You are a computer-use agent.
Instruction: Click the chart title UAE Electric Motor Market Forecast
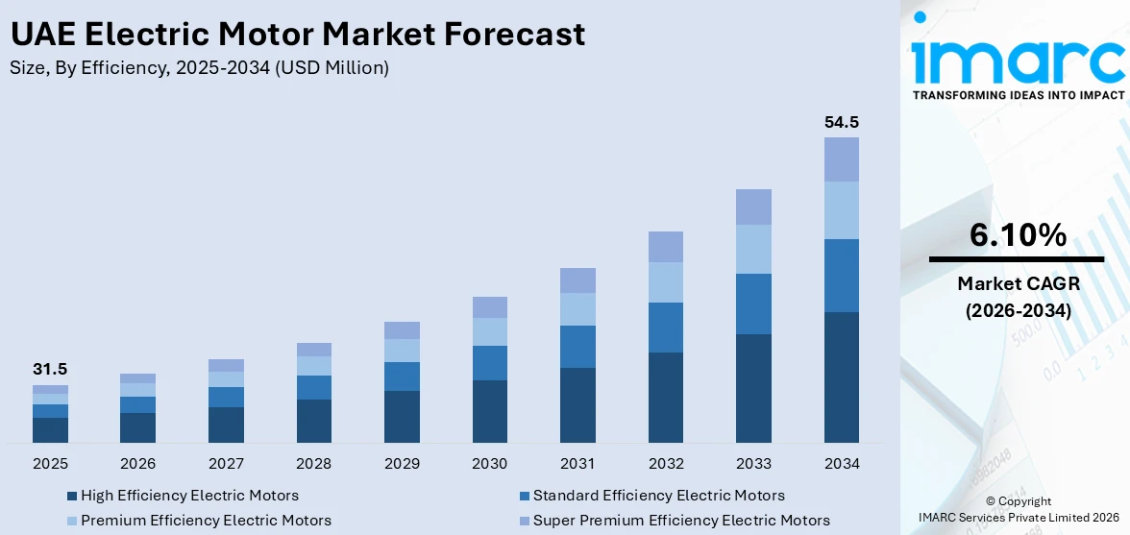(x=297, y=34)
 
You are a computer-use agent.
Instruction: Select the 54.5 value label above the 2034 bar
(x=842, y=122)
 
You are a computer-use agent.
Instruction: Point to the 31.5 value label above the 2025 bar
(x=50, y=370)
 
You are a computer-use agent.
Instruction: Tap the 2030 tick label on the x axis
(x=489, y=464)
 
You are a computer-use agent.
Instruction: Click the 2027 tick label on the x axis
(x=226, y=464)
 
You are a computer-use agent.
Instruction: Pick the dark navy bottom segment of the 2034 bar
(x=842, y=377)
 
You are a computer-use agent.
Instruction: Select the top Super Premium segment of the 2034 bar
(x=842, y=159)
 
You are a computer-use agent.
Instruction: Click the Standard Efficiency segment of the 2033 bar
(x=753, y=304)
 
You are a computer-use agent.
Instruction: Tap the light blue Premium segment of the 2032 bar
(x=665, y=282)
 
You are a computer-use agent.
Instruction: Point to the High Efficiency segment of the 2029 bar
(x=402, y=416)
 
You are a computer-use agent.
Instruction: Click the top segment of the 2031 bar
(x=577, y=280)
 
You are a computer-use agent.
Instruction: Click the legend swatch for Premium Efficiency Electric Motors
(x=71, y=522)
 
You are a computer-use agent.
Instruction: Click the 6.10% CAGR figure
(x=1018, y=234)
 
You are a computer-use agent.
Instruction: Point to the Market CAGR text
(x=1018, y=283)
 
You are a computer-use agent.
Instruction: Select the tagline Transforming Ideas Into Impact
(x=1018, y=95)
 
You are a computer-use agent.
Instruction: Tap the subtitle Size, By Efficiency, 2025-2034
(x=199, y=67)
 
